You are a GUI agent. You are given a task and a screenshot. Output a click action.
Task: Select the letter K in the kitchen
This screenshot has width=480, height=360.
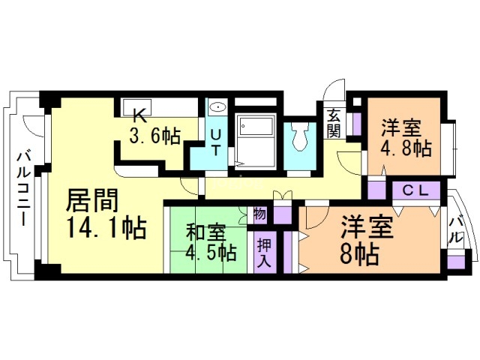[x=138, y=115]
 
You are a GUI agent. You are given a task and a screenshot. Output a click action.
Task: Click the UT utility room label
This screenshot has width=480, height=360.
[x=215, y=141]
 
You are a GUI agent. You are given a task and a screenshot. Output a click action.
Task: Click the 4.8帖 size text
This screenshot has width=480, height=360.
[x=406, y=146]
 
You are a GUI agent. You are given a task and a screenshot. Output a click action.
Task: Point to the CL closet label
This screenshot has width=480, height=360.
[x=413, y=190]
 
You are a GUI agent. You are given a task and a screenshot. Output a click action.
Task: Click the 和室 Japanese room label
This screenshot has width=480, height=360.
[x=204, y=230]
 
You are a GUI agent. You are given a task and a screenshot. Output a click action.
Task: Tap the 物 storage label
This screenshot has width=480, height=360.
[x=259, y=214]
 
